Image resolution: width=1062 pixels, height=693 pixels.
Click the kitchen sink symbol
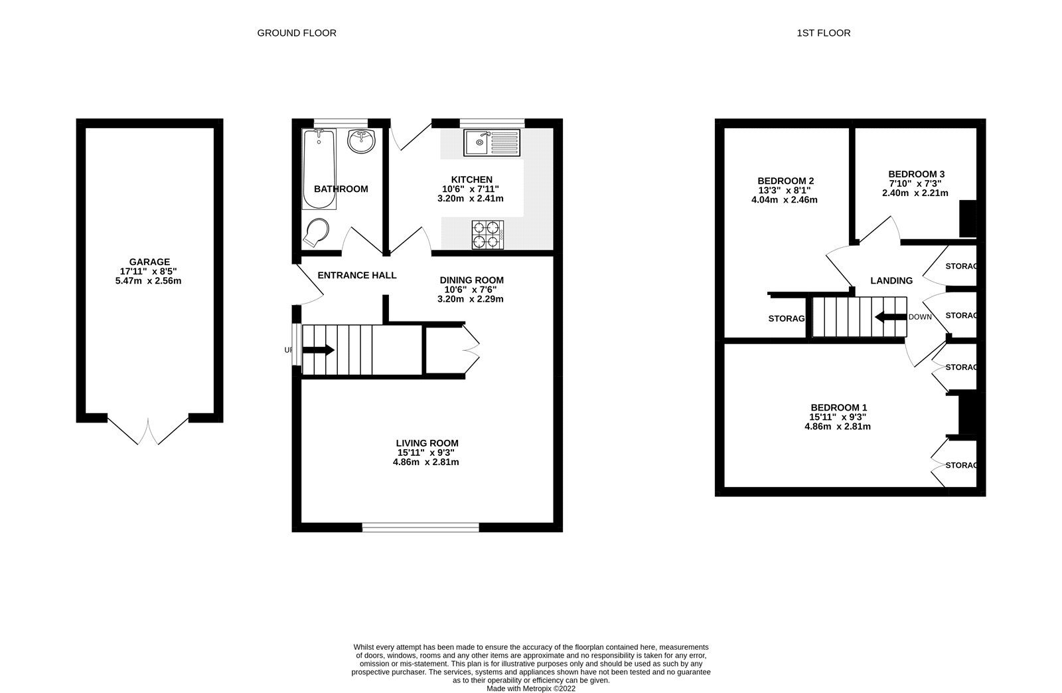[492, 142]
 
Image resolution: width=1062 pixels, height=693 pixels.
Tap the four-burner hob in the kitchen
[488, 235]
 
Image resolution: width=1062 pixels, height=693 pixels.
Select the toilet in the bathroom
[316, 233]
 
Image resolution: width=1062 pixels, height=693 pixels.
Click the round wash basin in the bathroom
[361, 141]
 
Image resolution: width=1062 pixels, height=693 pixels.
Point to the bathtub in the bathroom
[319, 169]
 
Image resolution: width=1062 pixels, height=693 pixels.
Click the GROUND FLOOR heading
[297, 33]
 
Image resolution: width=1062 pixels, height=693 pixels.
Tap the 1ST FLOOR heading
[824, 33]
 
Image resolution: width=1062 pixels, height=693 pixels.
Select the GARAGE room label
[149, 262]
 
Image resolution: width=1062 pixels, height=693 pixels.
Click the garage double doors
[148, 431]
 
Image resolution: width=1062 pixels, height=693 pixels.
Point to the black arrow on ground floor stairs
[318, 350]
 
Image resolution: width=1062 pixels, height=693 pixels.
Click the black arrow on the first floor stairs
[891, 316]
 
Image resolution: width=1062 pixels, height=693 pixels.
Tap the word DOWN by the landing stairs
[920, 317]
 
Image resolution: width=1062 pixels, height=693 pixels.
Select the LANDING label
[891, 280]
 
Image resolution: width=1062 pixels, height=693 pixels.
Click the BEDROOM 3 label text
[917, 174]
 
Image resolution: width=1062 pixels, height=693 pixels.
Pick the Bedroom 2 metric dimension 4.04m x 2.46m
[784, 200]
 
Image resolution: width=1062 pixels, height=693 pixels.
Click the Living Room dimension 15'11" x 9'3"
[425, 453]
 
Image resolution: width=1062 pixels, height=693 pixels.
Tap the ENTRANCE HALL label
[357, 275]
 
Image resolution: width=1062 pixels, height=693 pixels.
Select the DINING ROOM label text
[471, 280]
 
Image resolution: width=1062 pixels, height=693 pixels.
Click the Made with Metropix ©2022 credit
[531, 689]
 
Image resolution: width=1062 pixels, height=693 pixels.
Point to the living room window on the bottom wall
[421, 527]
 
